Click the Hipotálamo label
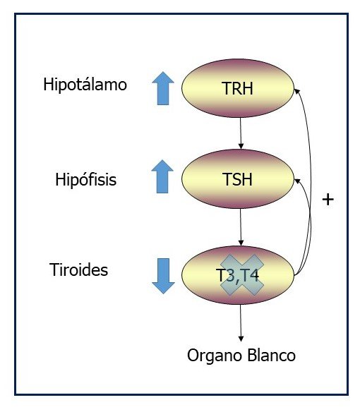tap(85, 85)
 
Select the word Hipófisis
tap(85, 180)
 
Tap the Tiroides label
tap(78, 269)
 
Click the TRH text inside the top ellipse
tap(237, 88)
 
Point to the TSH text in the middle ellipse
tap(237, 179)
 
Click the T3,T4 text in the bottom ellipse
tap(239, 275)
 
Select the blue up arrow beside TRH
tap(163, 88)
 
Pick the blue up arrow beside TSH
tap(162, 176)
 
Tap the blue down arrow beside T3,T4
tap(163, 276)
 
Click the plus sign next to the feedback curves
tap(328, 200)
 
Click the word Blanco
tap(271, 355)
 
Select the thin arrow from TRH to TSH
tap(241, 133)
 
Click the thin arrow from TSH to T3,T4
tap(241, 227)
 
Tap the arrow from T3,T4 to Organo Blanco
tap(241, 323)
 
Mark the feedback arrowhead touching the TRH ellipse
tap(296, 91)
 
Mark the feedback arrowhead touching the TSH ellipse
tap(297, 181)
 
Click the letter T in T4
tap(244, 275)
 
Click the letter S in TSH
tap(237, 179)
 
